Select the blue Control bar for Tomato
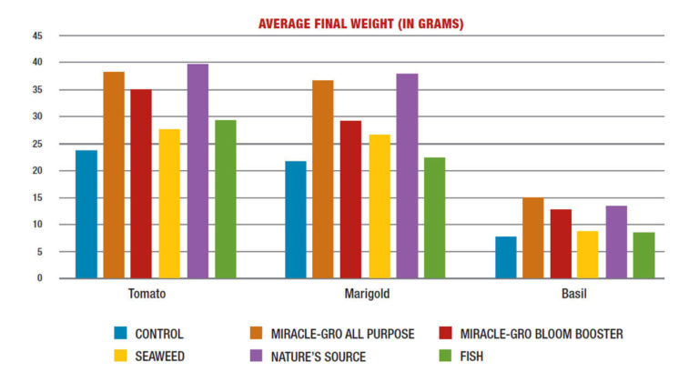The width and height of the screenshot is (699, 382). tap(86, 215)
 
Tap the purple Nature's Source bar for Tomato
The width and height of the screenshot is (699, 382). tap(198, 171)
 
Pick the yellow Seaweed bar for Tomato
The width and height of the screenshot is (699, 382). tap(169, 204)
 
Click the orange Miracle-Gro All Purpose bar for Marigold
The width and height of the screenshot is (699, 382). tap(323, 179)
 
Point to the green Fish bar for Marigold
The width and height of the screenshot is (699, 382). tap(434, 218)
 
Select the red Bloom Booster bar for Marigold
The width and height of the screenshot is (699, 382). tap(350, 200)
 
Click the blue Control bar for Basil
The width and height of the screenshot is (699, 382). tap(505, 257)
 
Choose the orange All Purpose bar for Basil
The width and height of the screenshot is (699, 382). tap(533, 238)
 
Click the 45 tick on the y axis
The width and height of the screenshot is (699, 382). tap(37, 35)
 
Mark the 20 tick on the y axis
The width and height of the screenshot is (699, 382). tap(37, 170)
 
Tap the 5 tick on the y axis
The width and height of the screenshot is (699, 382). tap(40, 252)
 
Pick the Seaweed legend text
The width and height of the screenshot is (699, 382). tap(160, 357)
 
